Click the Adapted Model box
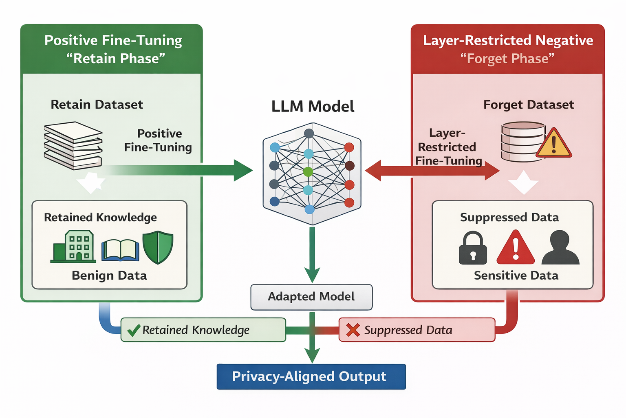[x=311, y=297]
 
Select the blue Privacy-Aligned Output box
[x=311, y=376]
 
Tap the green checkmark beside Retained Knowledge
[x=134, y=330]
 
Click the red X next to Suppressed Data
[x=353, y=330]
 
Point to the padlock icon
[x=473, y=248]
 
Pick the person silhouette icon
[x=560, y=247]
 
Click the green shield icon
[x=158, y=247]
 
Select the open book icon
[x=120, y=250]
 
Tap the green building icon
[x=73, y=247]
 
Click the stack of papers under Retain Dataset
[x=73, y=146]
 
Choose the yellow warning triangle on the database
[x=554, y=143]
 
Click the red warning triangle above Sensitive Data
[x=516, y=247]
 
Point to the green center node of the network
[x=308, y=171]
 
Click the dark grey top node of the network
[x=309, y=133]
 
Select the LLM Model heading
[x=313, y=107]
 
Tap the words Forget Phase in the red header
[x=507, y=58]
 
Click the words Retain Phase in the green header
[x=116, y=58]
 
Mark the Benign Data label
[x=109, y=276]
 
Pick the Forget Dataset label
[x=529, y=105]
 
